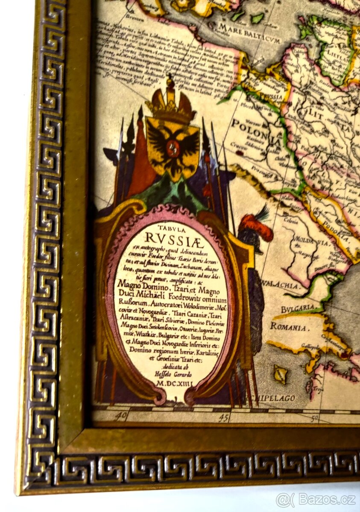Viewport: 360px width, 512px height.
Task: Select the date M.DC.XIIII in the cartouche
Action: click(x=175, y=384)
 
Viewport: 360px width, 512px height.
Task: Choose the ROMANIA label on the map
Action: click(x=288, y=327)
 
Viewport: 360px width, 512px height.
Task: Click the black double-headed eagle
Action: click(x=173, y=145)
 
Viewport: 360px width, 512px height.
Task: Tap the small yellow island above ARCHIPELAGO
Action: click(x=281, y=374)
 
